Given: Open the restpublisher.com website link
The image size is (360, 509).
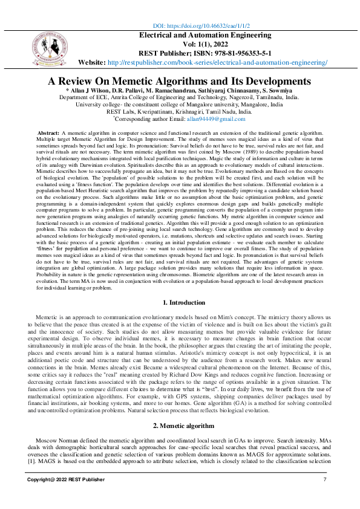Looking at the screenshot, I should (x=217, y=62).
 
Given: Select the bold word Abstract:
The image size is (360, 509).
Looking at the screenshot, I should (x=48, y=132).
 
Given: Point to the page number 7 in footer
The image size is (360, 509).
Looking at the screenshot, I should (x=325, y=479).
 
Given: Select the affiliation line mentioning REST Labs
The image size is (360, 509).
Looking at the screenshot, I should (x=179, y=112).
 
